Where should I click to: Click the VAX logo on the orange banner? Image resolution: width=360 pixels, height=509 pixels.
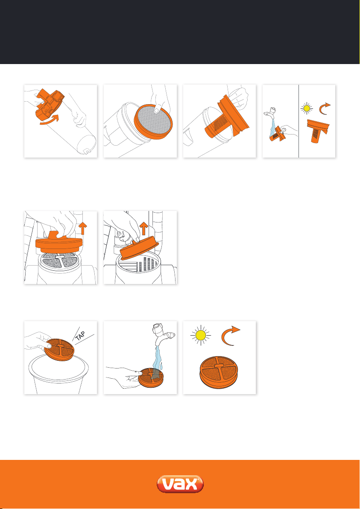[180, 485]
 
